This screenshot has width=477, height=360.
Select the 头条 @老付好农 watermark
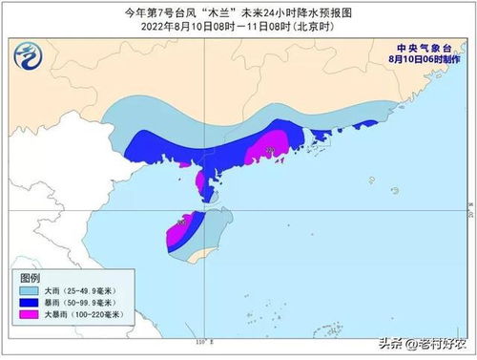(x=419, y=341)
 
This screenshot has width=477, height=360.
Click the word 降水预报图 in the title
(x=323, y=11)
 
